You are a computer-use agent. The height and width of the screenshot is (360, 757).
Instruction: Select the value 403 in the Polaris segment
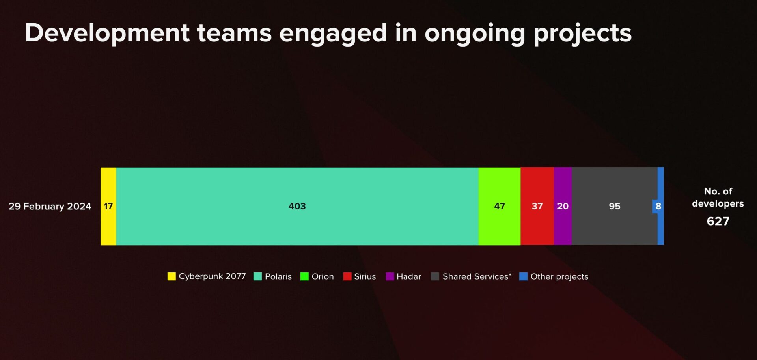pyautogui.click(x=297, y=206)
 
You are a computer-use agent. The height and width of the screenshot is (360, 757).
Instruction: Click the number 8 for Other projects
pyautogui.click(x=658, y=206)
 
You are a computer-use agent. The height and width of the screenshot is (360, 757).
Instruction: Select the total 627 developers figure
pyautogui.click(x=718, y=221)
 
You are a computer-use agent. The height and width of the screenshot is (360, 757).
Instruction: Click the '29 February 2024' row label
pyautogui.click(x=50, y=206)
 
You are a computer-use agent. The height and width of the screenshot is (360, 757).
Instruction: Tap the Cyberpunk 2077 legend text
pyautogui.click(x=212, y=276)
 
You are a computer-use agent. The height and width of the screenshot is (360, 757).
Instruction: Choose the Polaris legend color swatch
pyautogui.click(x=257, y=276)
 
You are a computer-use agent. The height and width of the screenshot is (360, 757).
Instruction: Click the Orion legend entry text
pyautogui.click(x=323, y=276)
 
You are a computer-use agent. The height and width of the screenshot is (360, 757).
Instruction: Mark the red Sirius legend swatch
pyautogui.click(x=347, y=276)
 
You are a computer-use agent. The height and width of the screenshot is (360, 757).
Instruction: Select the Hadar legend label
pyautogui.click(x=408, y=276)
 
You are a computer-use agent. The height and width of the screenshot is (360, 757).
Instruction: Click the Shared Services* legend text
pyautogui.click(x=477, y=276)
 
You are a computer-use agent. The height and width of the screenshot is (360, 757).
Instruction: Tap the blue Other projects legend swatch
pyautogui.click(x=523, y=276)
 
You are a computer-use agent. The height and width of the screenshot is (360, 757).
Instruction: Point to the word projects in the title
pyautogui.click(x=582, y=33)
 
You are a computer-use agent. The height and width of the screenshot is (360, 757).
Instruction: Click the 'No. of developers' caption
pyautogui.click(x=718, y=197)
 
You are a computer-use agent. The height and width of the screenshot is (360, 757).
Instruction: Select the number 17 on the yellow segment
pyautogui.click(x=108, y=206)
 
